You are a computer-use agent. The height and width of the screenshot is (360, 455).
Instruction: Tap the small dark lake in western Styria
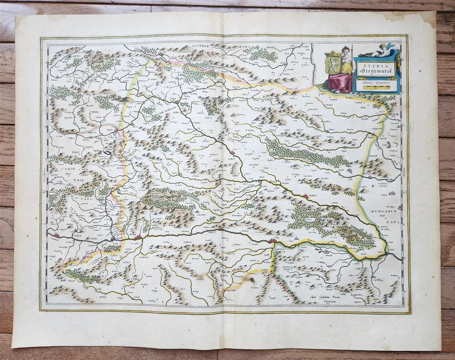[x=108, y=152]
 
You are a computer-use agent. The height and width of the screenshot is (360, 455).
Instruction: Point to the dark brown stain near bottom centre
[x=251, y=280]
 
